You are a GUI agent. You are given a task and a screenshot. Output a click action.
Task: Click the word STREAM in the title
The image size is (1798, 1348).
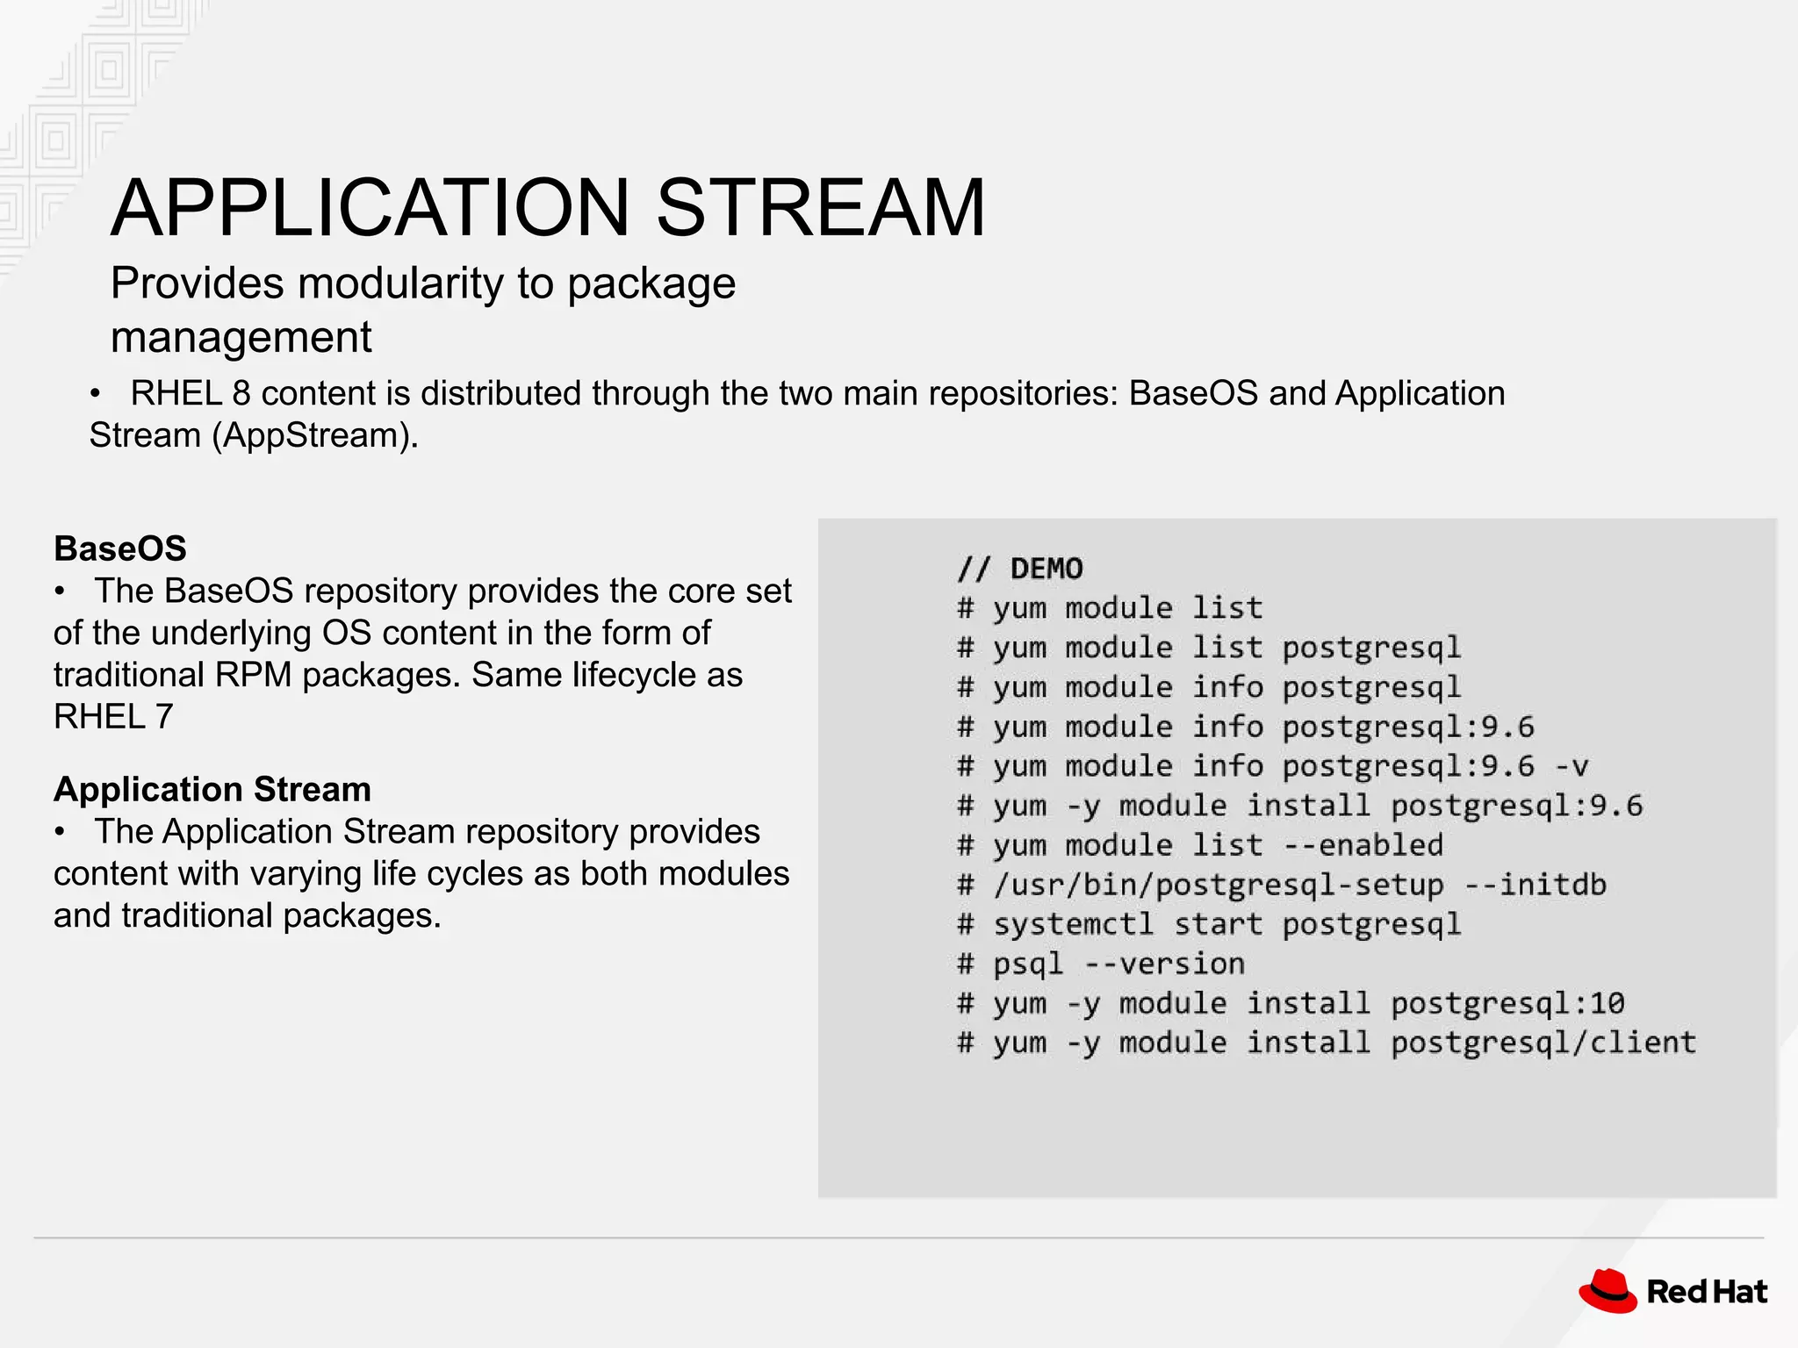(x=821, y=208)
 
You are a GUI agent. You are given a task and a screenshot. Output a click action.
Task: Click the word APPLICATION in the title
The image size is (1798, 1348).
(x=370, y=208)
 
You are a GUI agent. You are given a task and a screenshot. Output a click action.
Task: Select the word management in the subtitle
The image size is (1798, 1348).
(x=241, y=337)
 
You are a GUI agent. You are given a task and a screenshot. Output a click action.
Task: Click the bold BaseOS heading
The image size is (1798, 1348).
(x=120, y=549)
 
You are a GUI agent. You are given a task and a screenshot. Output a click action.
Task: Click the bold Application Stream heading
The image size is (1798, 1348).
(x=212, y=789)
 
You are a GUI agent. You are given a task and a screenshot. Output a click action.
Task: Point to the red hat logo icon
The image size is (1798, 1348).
(x=1607, y=1291)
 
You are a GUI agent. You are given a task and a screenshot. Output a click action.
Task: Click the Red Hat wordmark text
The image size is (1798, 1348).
(x=1707, y=1292)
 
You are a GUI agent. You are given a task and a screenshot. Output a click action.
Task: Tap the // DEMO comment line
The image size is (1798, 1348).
(x=1020, y=569)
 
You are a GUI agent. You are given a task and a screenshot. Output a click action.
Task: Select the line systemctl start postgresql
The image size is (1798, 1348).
(x=1226, y=924)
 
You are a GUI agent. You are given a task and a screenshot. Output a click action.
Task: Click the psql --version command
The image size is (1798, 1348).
(x=1118, y=964)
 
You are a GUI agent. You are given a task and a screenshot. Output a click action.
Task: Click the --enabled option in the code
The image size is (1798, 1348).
(x=1363, y=845)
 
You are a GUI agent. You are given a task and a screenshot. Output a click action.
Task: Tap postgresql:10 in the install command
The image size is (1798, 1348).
(x=1507, y=1003)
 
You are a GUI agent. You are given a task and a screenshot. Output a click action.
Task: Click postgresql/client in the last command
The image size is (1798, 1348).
(x=1543, y=1043)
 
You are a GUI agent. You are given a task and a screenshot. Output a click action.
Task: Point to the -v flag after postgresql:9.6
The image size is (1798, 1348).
(x=1571, y=766)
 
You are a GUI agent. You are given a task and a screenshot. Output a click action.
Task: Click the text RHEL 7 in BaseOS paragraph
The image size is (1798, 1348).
(x=113, y=717)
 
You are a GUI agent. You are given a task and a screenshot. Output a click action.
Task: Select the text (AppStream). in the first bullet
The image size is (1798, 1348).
(x=315, y=435)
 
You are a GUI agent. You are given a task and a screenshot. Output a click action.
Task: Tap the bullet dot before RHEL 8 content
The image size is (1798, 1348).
(x=95, y=394)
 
